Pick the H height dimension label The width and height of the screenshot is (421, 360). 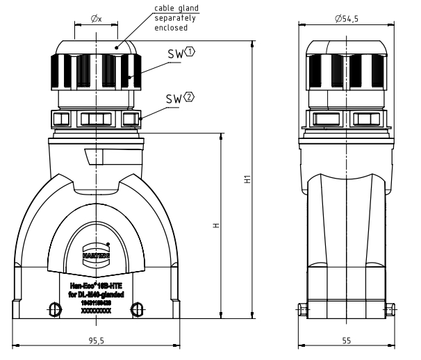[x=216, y=226]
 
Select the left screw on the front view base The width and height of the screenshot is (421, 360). [x=53, y=308]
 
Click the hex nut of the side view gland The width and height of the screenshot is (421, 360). [x=345, y=119]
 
